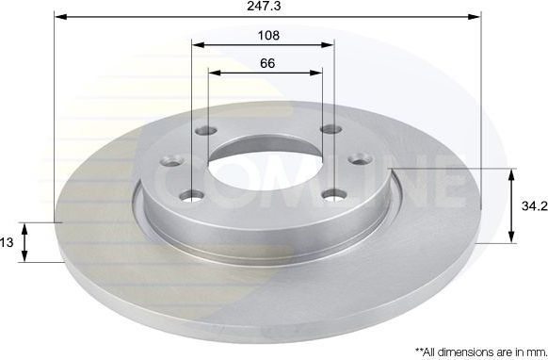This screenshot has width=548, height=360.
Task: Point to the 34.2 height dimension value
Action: pos(533,205)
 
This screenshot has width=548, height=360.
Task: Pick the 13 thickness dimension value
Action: pos(7,242)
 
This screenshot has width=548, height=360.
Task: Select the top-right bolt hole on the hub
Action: pos(328,130)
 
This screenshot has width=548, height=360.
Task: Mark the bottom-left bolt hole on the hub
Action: pos(193,195)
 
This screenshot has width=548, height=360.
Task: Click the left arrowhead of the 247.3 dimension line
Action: pos(59,17)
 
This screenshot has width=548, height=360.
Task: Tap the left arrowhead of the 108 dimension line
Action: pos(197,44)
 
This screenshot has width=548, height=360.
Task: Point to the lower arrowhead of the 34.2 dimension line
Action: pos(512,237)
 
